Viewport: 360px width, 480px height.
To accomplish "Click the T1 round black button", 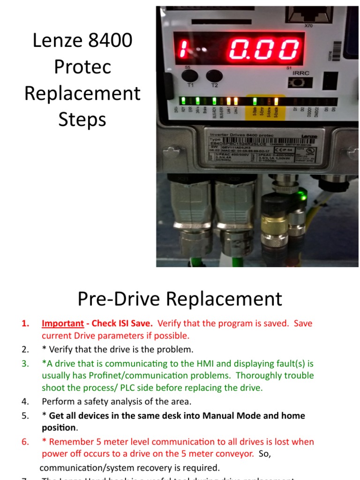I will [190, 76].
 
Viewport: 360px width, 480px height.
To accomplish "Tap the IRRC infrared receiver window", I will [295, 82].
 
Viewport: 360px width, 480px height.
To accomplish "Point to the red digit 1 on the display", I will [185, 49].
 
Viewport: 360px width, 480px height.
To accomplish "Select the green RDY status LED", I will [184, 100].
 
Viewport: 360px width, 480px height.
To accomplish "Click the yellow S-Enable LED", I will [276, 100].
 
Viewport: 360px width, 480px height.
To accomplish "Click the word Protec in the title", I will [82, 67].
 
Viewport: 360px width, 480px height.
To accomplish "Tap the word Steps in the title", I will [82, 119].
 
